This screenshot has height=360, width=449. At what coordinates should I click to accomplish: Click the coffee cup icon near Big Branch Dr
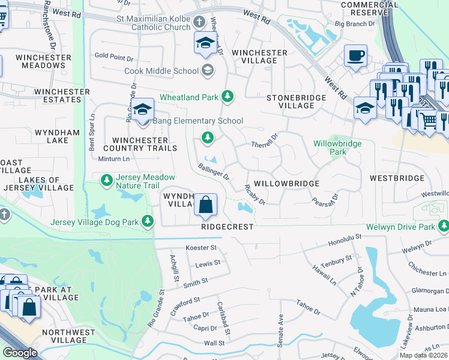tap(356, 56)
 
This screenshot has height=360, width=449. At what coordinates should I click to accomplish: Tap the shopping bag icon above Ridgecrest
tap(205, 205)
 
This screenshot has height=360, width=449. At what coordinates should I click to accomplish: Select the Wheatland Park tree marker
tap(227, 96)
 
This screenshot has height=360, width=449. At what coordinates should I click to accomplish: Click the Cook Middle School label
tap(161, 71)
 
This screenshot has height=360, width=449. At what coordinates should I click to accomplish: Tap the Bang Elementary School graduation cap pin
tap(142, 110)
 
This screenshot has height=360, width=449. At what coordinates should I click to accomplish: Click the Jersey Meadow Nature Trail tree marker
tap(106, 180)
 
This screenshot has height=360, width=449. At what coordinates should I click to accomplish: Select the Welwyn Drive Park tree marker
tap(444, 227)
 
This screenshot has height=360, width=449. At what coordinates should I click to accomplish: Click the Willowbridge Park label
tap(338, 148)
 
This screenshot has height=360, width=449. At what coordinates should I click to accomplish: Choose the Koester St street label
tap(201, 247)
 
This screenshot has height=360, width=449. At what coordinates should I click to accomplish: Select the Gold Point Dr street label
tap(113, 57)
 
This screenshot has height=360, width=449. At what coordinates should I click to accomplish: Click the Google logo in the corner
tap(20, 353)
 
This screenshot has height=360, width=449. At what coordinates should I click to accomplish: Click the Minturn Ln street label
tap(113, 159)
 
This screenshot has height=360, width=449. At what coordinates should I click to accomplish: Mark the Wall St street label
tap(214, 343)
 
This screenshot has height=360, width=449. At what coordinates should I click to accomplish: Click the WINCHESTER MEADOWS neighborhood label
tap(40, 61)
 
